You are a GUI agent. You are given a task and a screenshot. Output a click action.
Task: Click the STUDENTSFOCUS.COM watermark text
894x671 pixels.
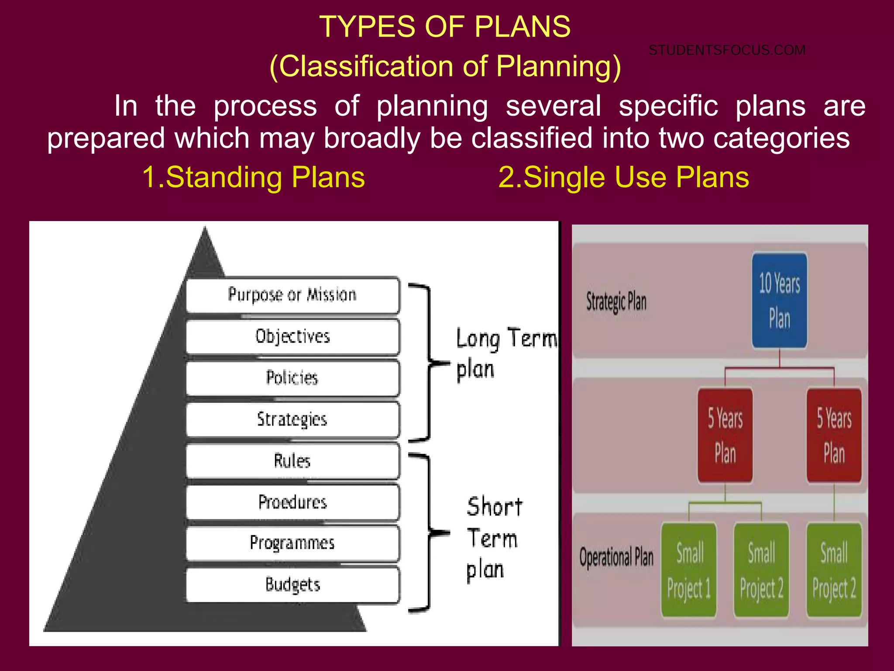727,50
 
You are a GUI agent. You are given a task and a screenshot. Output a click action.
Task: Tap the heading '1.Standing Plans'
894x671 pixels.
254,177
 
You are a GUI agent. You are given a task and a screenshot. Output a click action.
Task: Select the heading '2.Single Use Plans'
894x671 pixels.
624,177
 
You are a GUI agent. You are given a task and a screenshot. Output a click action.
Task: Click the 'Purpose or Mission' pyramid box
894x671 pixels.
292,295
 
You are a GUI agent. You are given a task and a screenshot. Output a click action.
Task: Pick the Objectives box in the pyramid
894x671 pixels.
292,336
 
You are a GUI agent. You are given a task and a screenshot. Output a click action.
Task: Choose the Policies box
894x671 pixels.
292,378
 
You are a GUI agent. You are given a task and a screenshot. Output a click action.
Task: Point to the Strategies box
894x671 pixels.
292,419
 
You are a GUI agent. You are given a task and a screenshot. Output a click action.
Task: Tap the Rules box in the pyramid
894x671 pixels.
292,461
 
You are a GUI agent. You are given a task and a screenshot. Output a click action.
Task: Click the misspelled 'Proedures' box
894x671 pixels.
292,502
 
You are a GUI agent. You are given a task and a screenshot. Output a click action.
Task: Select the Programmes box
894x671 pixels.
292,543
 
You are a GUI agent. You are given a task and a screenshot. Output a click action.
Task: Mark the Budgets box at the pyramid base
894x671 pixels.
292,585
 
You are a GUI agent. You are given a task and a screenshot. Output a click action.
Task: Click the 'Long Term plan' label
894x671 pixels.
502,354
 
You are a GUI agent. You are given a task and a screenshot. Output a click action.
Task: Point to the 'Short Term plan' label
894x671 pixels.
493,540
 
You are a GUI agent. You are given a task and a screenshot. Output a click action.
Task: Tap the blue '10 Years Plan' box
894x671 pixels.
779,301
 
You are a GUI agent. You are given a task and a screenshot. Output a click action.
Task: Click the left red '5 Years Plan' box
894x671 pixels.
725,436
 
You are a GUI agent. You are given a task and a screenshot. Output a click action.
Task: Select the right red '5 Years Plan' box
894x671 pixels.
834,436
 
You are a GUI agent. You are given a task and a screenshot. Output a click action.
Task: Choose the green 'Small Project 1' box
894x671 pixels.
689,570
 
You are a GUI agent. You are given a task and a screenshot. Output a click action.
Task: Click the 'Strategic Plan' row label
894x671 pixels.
616,302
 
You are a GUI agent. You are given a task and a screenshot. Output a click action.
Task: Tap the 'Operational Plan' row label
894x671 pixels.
616,558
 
